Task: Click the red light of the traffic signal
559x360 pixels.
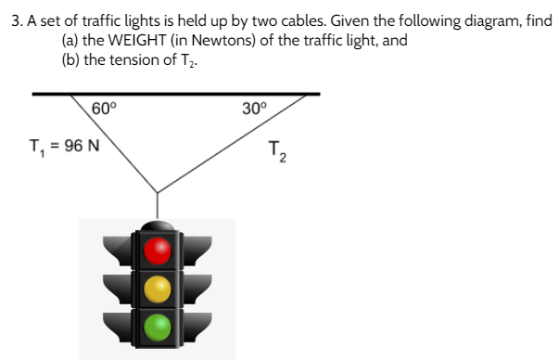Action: [159, 250]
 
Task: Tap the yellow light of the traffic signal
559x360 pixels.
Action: [159, 289]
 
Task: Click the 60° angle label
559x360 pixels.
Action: [105, 109]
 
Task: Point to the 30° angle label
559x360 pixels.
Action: [254, 109]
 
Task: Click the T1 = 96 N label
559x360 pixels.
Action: [65, 147]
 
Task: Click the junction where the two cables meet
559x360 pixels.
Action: [158, 191]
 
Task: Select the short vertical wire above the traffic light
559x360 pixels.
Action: [158, 205]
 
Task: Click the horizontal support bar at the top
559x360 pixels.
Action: [176, 94]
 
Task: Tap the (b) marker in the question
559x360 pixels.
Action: [70, 62]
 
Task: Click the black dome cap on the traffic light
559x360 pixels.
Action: [159, 225]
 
